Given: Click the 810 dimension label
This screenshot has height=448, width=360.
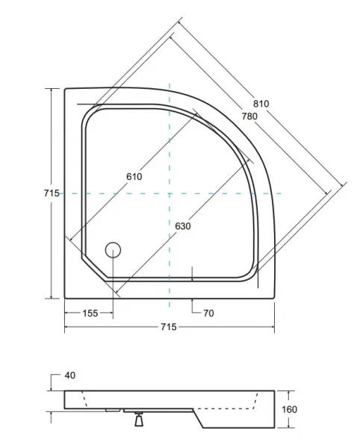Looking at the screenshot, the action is [x=261, y=104].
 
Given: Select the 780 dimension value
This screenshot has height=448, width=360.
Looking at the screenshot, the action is [x=249, y=116].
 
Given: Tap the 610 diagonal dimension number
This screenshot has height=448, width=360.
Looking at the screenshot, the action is [x=134, y=176].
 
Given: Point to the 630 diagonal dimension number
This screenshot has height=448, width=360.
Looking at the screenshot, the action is [x=183, y=226].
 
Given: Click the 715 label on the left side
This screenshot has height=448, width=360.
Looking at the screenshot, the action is [x=52, y=193].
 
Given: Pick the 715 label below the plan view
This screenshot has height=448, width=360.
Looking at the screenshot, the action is [x=169, y=327].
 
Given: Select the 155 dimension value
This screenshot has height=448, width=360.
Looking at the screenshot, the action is [x=90, y=314].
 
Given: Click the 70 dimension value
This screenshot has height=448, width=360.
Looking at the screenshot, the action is [x=208, y=314].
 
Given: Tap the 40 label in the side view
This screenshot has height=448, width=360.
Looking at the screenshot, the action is [x=70, y=376].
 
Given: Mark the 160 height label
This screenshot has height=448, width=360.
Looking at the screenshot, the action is [x=290, y=410].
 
